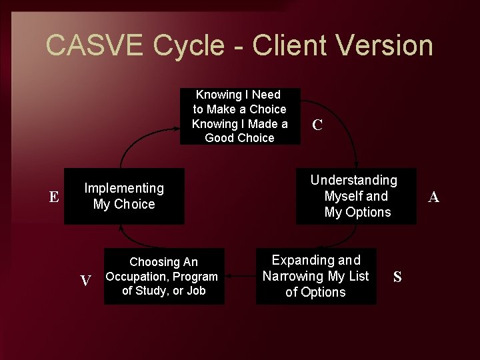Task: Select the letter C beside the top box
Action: click(x=318, y=125)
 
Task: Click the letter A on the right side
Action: click(x=433, y=197)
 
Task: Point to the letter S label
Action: click(x=397, y=277)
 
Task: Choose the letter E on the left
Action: click(x=54, y=197)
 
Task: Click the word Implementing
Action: click(x=124, y=189)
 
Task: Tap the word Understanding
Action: click(x=354, y=180)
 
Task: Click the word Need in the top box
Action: click(x=267, y=95)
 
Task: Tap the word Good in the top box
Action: click(x=221, y=138)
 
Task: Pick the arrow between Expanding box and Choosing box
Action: click(x=240, y=275)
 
